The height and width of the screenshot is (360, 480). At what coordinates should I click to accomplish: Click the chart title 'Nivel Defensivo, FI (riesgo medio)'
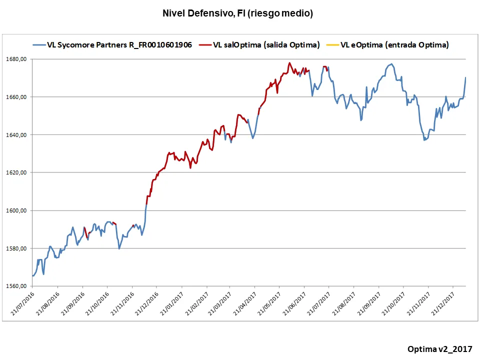click(x=237, y=13)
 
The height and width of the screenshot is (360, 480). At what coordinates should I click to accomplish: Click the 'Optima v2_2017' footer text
click(x=439, y=348)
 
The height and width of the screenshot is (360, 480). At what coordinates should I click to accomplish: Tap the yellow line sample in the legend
click(x=332, y=45)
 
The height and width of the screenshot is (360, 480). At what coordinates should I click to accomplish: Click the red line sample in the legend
click(x=205, y=45)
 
